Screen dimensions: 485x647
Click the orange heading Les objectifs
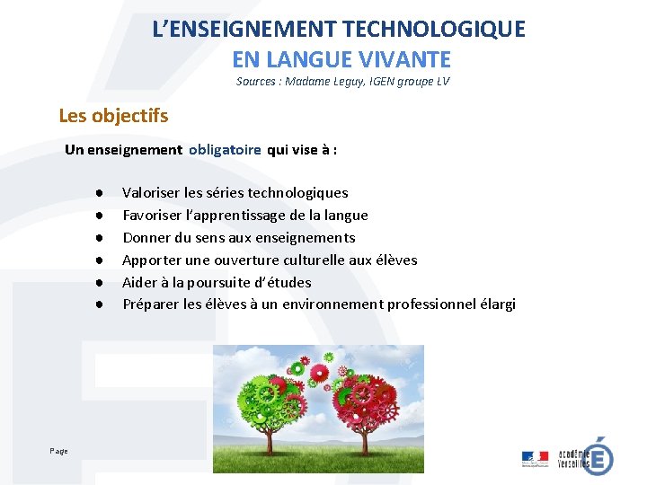point(113,116)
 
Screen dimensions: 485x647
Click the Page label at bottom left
point(58,451)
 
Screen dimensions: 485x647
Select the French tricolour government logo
point(535,459)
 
